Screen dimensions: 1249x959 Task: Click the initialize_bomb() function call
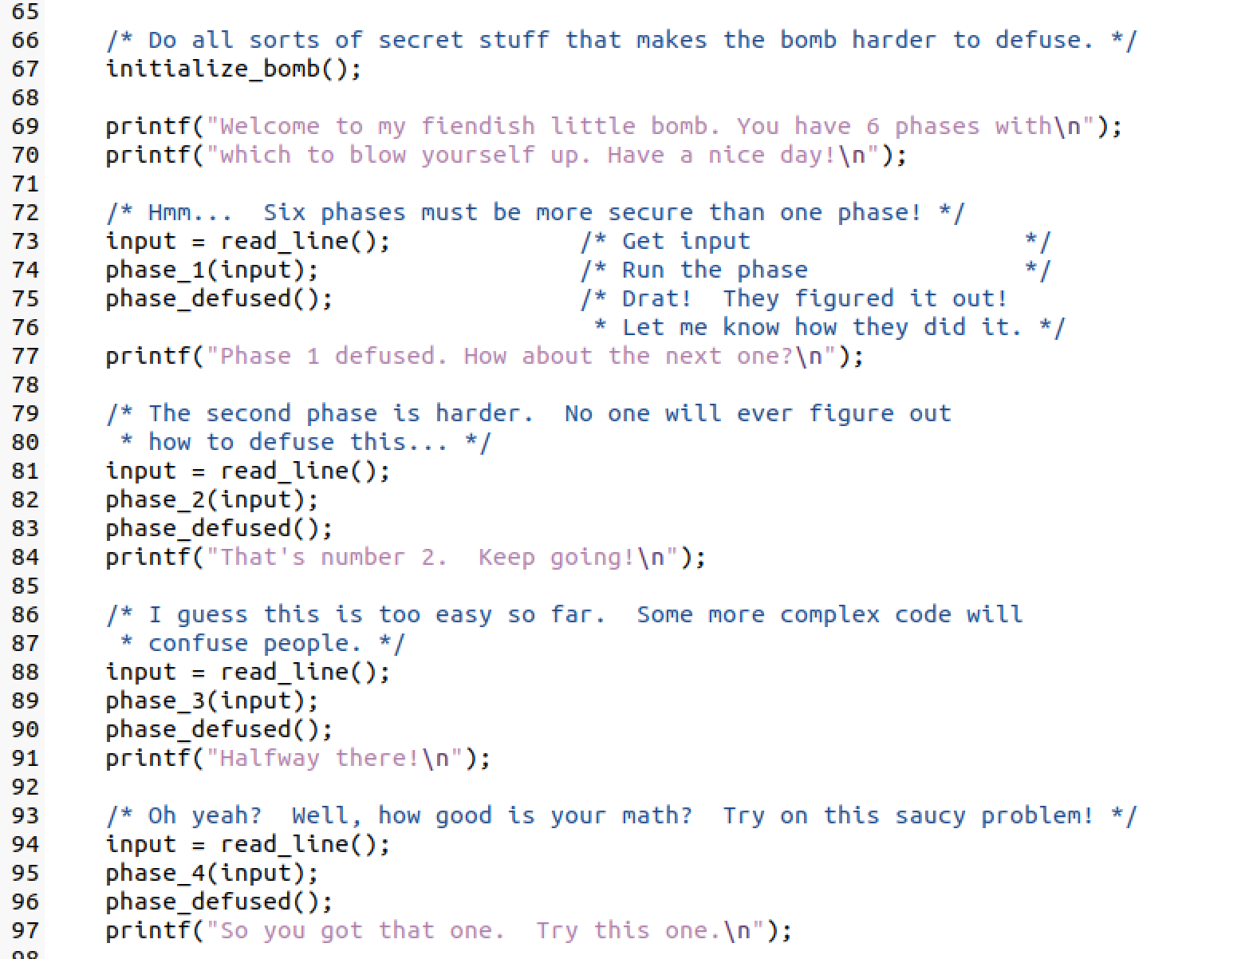tap(233, 69)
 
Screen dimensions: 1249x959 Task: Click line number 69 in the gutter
tap(25, 127)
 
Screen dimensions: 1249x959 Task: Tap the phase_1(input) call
tap(211, 270)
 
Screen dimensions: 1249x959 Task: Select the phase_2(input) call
tap(211, 500)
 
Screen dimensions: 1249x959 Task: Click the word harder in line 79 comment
tap(483, 414)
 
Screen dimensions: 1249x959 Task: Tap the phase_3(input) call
tap(211, 701)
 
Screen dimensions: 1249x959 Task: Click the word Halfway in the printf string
tap(269, 759)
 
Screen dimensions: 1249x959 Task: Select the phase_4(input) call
tap(211, 874)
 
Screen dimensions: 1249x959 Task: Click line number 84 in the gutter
tap(25, 558)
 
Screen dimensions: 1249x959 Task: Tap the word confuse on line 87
tap(197, 644)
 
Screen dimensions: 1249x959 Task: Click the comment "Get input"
tap(686, 242)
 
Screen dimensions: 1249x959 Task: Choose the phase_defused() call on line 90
tap(219, 730)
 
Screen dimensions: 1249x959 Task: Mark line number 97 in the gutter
tap(25, 931)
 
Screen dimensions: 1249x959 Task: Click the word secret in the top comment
tap(420, 41)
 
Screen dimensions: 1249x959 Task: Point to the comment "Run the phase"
tap(714, 270)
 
